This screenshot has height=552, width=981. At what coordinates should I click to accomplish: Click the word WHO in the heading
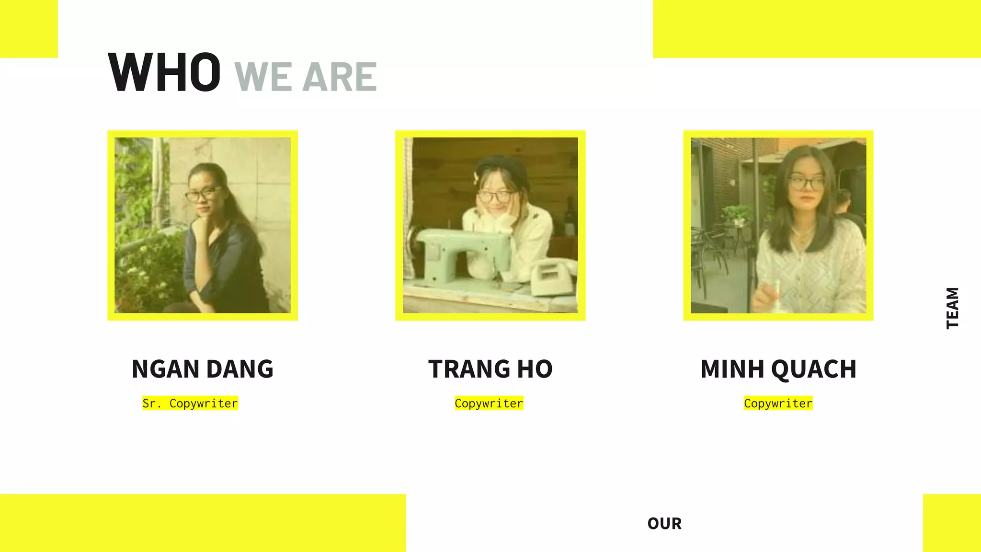tap(164, 73)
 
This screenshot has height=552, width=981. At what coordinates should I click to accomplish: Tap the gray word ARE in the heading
tap(339, 77)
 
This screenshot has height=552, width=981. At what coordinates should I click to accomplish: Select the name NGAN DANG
tap(202, 369)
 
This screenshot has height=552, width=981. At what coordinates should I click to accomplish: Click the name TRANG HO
tap(490, 369)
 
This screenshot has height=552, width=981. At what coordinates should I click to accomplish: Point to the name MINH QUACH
tap(778, 369)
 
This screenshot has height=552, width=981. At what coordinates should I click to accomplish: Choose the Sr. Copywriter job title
tap(190, 403)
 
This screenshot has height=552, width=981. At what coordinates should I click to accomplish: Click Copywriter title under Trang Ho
tap(489, 403)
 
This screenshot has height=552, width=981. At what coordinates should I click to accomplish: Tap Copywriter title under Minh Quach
tap(778, 403)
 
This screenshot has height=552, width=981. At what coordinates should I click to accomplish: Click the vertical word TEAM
tap(952, 308)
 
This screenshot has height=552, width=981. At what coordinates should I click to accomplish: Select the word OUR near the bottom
tap(664, 524)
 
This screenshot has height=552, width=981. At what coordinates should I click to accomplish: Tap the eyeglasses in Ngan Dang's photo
tap(203, 194)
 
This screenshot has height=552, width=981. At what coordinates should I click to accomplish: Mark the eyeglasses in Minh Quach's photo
tap(806, 183)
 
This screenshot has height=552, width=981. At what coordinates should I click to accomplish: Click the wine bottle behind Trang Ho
tap(570, 218)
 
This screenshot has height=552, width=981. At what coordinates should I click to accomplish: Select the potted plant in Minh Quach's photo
tap(737, 214)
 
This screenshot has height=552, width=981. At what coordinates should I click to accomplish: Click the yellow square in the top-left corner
tap(29, 29)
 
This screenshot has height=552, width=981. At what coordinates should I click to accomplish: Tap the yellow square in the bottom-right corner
tap(952, 523)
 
